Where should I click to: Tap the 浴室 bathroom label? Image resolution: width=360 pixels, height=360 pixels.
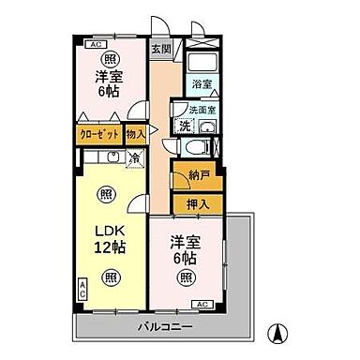pyautogui.click(x=202, y=83)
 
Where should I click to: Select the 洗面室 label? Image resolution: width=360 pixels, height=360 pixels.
pyautogui.click(x=202, y=109)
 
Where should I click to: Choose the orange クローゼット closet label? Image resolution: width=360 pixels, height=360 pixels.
pyautogui.click(x=98, y=135)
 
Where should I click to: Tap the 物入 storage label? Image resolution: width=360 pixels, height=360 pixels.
pyautogui.click(x=137, y=135)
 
